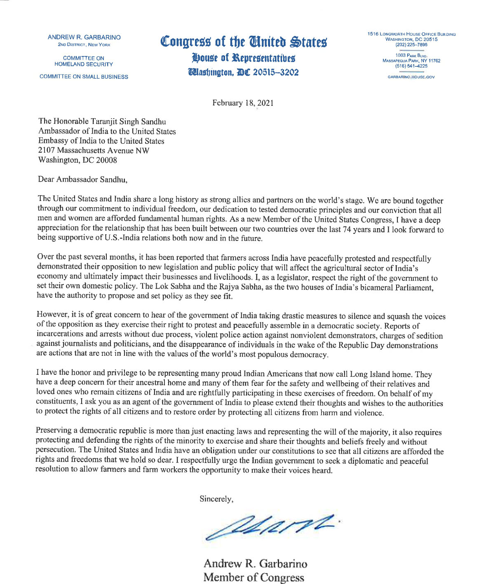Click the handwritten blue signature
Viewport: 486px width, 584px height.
272,526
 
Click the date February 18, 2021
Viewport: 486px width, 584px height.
243,103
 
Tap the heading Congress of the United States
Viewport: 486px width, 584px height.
244,42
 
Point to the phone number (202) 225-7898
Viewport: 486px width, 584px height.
411,44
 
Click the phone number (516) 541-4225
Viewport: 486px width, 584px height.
411,66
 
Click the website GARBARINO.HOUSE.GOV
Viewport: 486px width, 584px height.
411,77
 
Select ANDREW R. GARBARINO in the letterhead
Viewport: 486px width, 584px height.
84,37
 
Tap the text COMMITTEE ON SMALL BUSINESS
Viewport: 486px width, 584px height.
84,77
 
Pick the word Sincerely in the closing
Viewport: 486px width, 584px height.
216,499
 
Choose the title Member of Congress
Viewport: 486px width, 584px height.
254,577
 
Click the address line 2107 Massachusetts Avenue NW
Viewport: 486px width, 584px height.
94,150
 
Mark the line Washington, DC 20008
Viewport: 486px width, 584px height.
77,160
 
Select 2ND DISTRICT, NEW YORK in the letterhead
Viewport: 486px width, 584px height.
84,44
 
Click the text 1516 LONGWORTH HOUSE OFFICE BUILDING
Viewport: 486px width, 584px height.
411,34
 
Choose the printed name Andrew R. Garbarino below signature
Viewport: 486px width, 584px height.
255,563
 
